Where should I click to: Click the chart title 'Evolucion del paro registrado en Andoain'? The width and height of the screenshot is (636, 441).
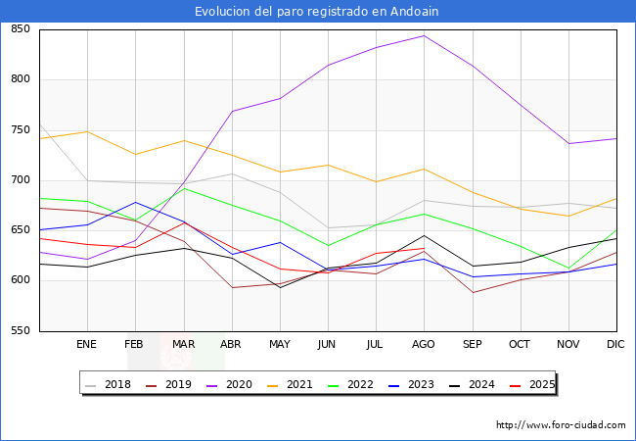click(x=317, y=11)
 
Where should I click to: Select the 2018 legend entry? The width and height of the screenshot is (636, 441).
click(x=110, y=384)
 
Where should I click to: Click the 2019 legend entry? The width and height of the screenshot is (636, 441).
click(x=169, y=384)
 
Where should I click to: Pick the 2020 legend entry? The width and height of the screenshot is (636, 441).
click(x=229, y=384)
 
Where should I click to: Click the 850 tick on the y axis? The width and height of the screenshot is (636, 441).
click(x=21, y=29)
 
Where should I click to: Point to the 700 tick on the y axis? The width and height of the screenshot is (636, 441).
click(x=21, y=180)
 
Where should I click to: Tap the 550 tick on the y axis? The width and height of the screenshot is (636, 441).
click(x=21, y=331)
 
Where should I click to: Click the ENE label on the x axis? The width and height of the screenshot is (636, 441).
click(x=87, y=345)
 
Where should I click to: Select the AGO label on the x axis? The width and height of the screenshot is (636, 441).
click(x=424, y=345)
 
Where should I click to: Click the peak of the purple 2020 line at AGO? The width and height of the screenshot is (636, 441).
click(x=424, y=35)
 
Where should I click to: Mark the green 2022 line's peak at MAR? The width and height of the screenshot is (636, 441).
click(x=183, y=188)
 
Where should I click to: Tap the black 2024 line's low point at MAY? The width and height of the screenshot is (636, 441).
click(x=280, y=287)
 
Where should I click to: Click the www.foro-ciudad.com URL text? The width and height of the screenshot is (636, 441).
click(x=561, y=425)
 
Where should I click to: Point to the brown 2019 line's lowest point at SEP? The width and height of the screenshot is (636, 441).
click(x=472, y=292)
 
